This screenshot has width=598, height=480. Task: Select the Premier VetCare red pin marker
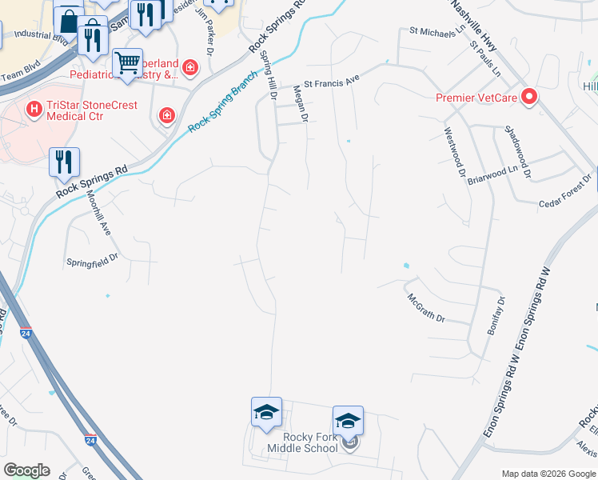point(529,98)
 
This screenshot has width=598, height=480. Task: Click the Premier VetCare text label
point(477,98)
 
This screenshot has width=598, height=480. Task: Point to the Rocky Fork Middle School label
point(311,442)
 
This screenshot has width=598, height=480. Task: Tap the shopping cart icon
point(127,63)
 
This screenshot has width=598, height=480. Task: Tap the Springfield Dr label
point(92,259)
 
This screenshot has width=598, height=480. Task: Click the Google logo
point(26,470)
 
